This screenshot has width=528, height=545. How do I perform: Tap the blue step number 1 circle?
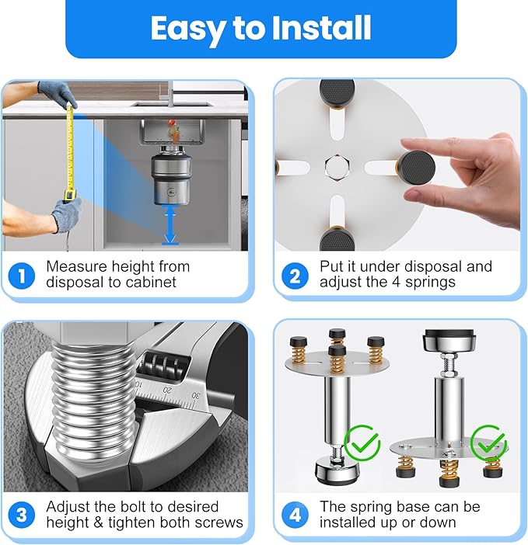tap(21, 274)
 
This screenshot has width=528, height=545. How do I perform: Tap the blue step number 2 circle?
tap(295, 274)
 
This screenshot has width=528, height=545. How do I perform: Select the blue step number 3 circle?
tap(21, 514)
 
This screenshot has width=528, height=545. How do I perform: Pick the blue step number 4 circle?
tap(295, 514)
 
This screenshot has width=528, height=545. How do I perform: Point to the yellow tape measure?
tap(69, 155)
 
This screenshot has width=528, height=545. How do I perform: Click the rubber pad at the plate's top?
tap(337, 96)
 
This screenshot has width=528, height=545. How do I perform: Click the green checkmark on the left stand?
tap(362, 443)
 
